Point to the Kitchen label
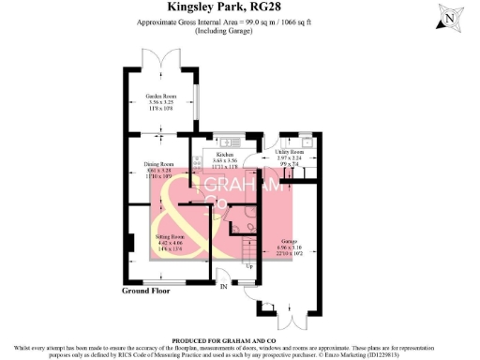point(224,154)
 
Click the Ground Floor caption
point(149,291)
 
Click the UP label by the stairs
point(249,267)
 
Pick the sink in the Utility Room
point(307,142)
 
